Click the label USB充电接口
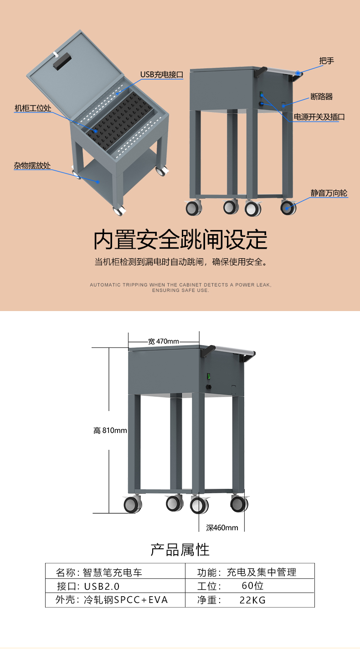161,75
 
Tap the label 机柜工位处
32,108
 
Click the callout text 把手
326,61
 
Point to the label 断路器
321,97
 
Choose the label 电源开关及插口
319,117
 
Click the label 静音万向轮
329,193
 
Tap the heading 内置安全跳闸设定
180,240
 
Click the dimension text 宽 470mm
164,341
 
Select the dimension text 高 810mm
110,430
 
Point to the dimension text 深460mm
222,528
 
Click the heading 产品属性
180,549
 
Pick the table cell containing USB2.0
115,586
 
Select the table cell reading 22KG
250,600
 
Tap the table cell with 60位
250,586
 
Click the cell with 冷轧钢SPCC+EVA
115,600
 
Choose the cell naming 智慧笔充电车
115,572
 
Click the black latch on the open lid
62,61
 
